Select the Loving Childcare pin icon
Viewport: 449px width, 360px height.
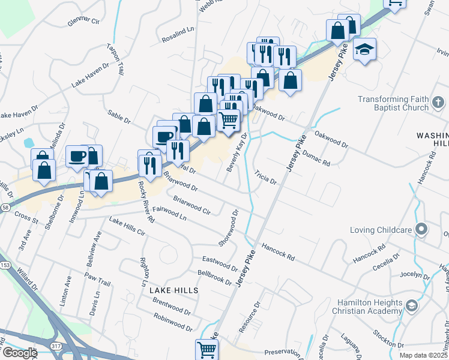coord(422,229)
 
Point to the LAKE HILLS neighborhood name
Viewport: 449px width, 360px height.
coord(173,290)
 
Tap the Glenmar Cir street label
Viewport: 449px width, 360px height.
coord(83,20)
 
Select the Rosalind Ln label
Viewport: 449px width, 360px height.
coord(178,35)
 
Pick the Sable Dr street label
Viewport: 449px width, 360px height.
coord(119,116)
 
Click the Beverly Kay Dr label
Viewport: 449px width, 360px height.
coord(237,152)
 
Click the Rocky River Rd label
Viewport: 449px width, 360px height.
coord(146,202)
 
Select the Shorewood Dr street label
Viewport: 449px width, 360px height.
coord(229,227)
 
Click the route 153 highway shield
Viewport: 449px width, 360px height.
coord(5,265)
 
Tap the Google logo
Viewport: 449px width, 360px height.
coord(19,353)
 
